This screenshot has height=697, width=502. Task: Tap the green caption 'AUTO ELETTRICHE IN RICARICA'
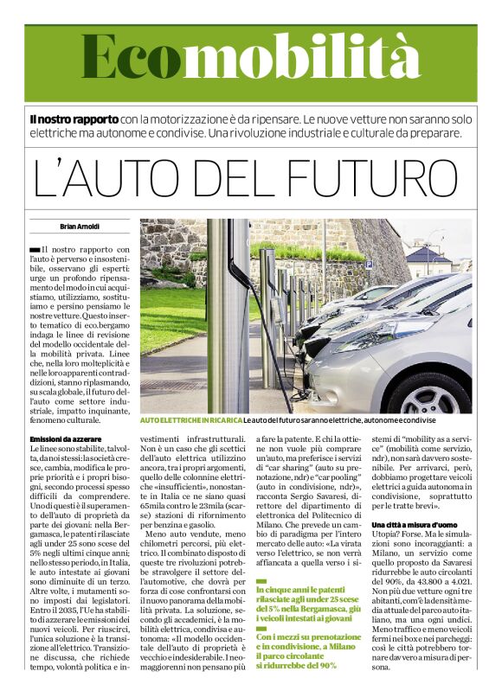click(190, 420)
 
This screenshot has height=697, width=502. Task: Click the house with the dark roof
click(428, 259)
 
